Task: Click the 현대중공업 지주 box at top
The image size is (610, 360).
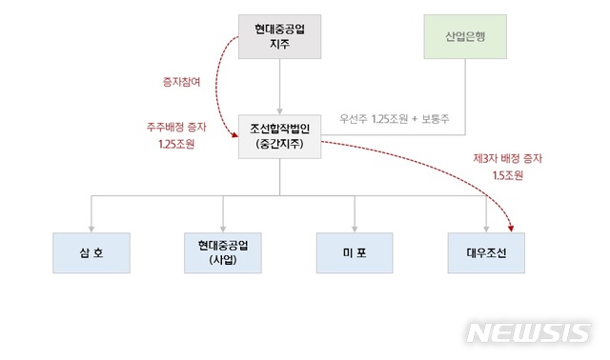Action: [x=278, y=36]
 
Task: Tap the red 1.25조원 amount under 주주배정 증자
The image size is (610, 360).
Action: [x=178, y=146]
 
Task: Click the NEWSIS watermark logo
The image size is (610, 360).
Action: [x=528, y=331]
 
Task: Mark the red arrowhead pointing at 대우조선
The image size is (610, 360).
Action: [x=513, y=227]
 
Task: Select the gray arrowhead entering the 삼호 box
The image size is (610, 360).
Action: [x=91, y=227]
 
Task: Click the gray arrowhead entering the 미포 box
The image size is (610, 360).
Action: [x=355, y=227]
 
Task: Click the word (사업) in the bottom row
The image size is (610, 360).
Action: [x=223, y=259]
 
